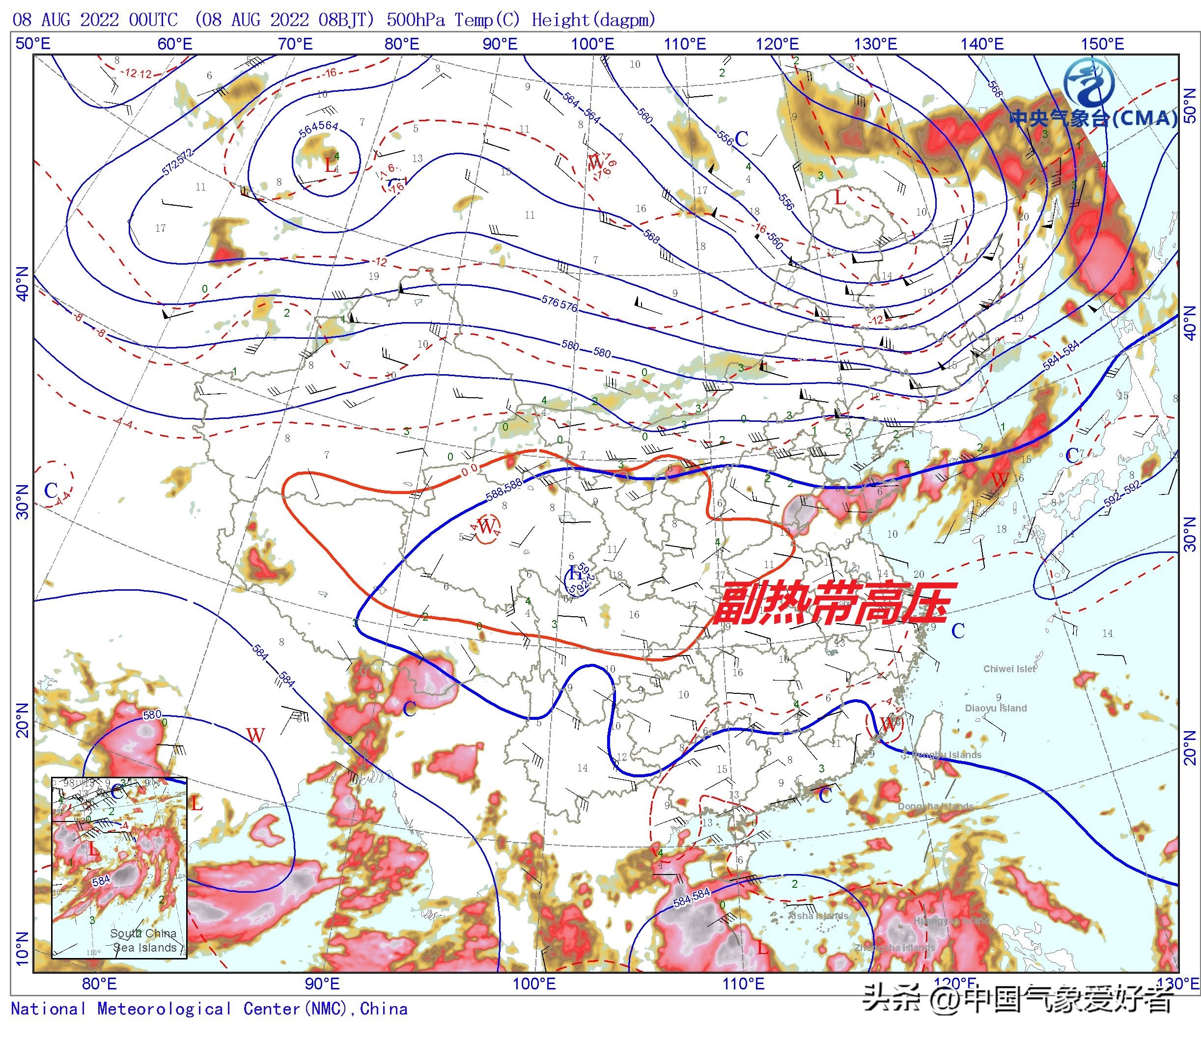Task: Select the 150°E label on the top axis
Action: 1102,44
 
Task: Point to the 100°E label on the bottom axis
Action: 534,983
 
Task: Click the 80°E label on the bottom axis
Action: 99,983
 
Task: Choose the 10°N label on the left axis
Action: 22,949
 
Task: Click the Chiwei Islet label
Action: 1009,669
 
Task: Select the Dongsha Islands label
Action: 935,806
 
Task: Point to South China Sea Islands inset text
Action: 143,940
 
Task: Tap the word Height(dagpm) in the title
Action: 593,20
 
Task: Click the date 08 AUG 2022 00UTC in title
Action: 95,20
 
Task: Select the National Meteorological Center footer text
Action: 209,1009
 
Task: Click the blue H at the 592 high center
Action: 574,573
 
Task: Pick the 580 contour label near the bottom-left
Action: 152,714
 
